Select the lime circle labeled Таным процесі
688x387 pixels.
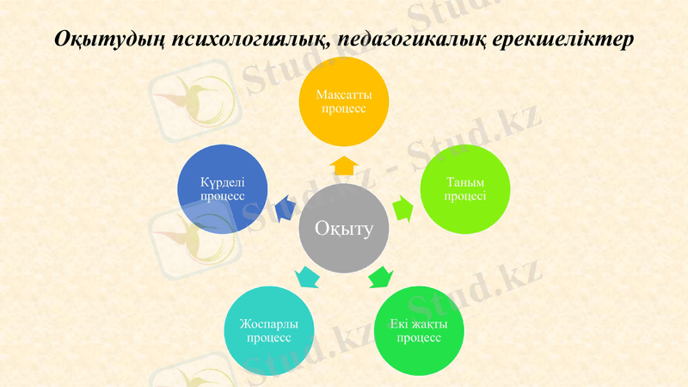click(x=465, y=189)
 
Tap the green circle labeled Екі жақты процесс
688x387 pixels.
click(x=419, y=330)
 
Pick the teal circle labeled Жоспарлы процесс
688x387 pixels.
click(x=268, y=330)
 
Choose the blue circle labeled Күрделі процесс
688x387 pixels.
click(x=222, y=189)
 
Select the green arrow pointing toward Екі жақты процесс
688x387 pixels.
click(x=380, y=277)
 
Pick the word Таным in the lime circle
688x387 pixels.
click(x=465, y=182)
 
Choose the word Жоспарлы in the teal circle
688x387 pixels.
click(x=268, y=324)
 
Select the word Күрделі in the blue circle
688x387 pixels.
click(x=222, y=182)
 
